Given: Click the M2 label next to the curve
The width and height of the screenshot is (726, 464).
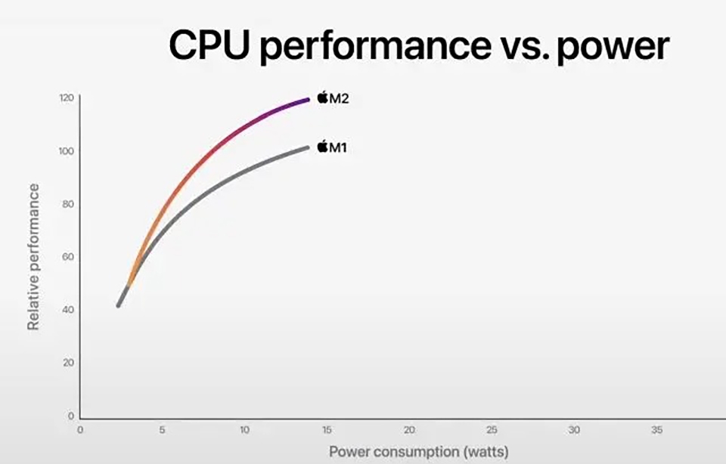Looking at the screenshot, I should pos(339,98).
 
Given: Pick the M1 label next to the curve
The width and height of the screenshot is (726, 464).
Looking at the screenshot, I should pos(337,147).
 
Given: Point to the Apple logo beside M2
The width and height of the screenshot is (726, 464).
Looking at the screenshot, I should pos(322,97).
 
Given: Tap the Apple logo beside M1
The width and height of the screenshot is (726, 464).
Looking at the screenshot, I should pos(322,147).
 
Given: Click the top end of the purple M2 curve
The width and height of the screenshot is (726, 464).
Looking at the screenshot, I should pos(308,99).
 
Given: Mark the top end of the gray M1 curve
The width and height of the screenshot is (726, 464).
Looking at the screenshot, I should pos(307,147).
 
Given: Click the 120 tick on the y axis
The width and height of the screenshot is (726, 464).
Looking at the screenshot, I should pos(67,98).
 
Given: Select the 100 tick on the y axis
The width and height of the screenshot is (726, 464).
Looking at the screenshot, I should pos(67,151).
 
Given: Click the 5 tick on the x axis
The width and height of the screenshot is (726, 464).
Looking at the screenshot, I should pos(162,429).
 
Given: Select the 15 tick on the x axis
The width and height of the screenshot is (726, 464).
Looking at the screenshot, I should pos(327,429).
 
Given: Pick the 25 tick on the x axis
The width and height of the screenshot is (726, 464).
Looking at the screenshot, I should pos(492,429).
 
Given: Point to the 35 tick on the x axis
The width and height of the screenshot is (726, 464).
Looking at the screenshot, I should pos(656,429).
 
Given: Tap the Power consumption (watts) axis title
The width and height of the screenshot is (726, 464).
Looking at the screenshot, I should pos(418,452).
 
